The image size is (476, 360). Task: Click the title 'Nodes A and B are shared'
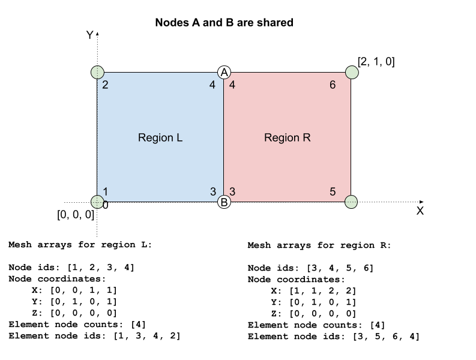click(x=224, y=23)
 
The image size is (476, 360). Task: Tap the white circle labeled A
click(x=224, y=72)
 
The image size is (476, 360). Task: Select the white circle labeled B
click(x=224, y=202)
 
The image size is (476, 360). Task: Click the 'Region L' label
click(x=160, y=137)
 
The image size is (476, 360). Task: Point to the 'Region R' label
click(x=288, y=137)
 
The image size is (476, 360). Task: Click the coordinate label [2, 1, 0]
click(x=376, y=61)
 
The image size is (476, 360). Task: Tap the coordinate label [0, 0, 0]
click(x=76, y=215)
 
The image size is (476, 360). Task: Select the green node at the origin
click(x=97, y=202)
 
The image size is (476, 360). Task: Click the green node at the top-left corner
click(x=97, y=73)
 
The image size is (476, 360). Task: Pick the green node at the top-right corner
click(x=351, y=73)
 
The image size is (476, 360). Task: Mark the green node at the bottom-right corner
click(x=351, y=202)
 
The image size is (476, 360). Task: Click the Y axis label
click(x=89, y=35)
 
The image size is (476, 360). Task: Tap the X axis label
click(x=420, y=211)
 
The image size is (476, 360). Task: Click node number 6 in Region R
click(x=333, y=85)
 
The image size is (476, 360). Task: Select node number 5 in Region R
click(x=333, y=192)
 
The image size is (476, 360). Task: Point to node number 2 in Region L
click(x=105, y=85)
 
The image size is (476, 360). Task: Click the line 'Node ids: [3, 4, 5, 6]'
click(x=310, y=268)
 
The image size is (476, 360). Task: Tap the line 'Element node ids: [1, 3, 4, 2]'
click(x=94, y=335)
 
